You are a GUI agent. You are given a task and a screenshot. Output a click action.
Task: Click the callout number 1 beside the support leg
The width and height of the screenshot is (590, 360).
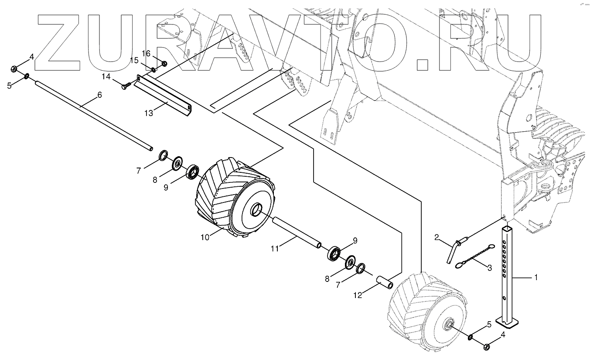[536, 277]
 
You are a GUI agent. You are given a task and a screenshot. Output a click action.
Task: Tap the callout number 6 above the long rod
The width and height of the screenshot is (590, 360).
[99, 95]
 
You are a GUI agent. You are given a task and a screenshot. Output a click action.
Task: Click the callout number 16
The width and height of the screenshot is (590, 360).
[146, 53]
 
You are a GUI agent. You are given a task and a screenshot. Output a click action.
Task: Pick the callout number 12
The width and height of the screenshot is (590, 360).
[358, 295]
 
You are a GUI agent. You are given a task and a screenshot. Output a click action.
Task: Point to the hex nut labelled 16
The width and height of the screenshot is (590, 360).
[164, 64]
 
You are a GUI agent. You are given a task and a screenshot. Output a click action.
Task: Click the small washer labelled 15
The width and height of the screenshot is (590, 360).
[154, 69]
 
